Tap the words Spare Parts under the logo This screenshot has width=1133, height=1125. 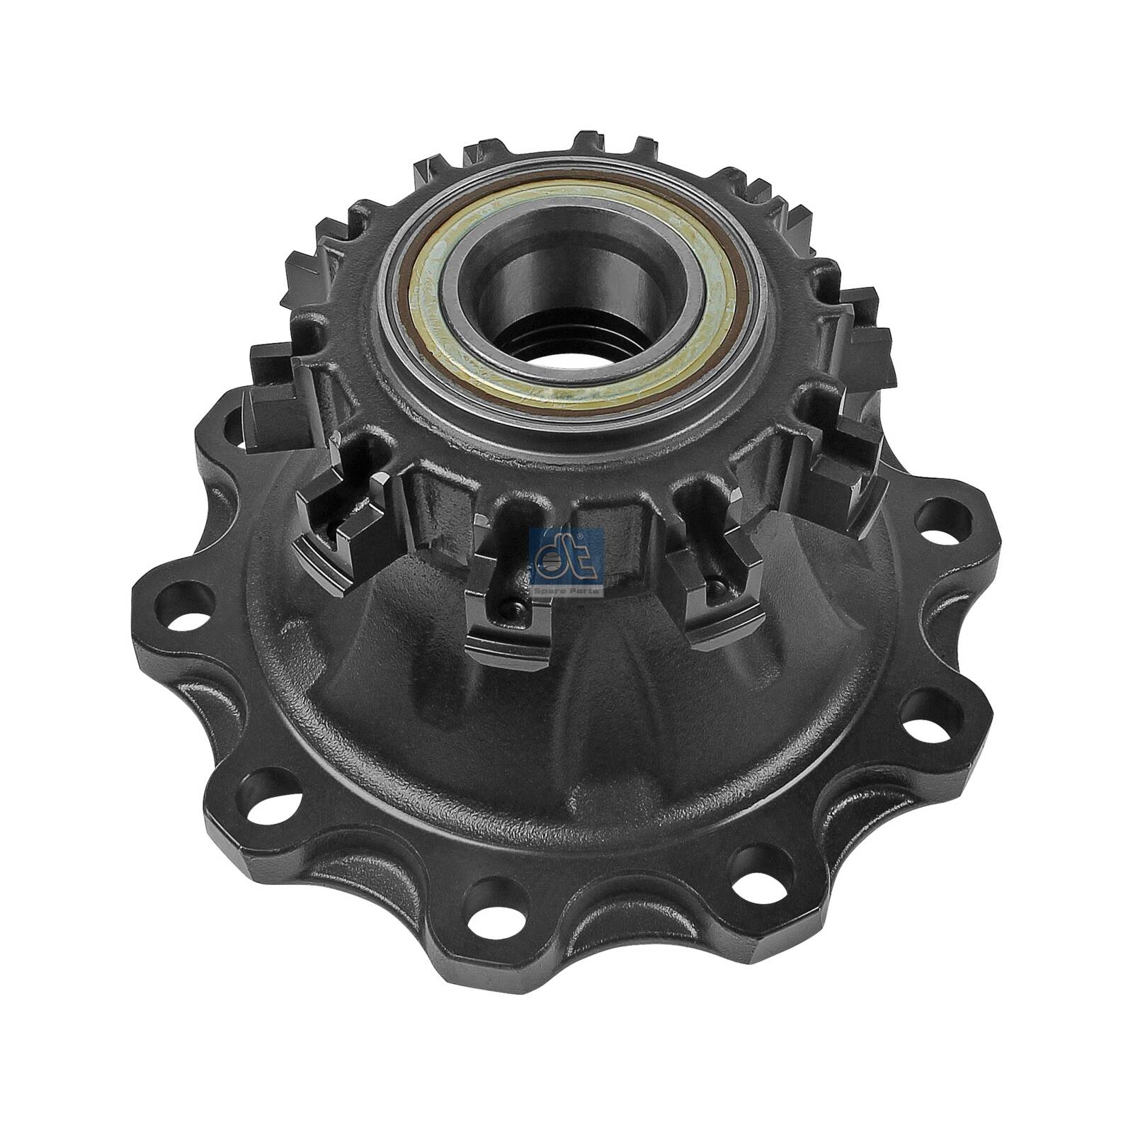point(566,590)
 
